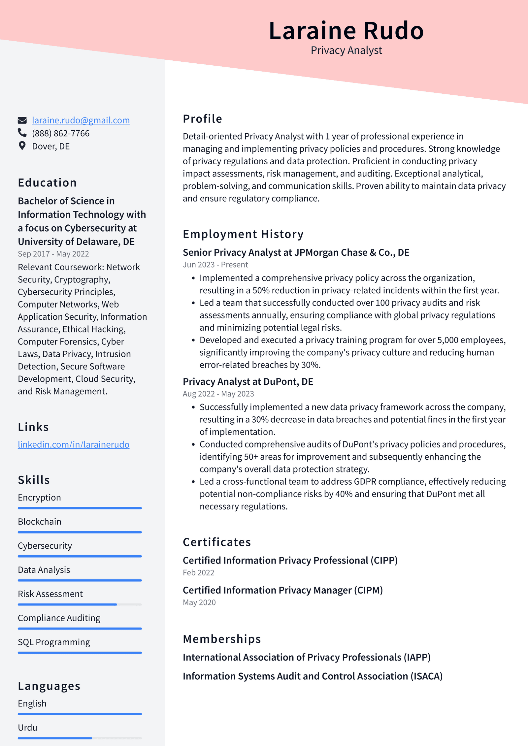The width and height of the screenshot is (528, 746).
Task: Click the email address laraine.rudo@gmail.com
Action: pos(81,120)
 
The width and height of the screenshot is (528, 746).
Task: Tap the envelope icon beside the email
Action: pos(22,120)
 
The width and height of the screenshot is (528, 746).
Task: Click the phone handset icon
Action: pos(22,133)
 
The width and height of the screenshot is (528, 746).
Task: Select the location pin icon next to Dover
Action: pos(22,146)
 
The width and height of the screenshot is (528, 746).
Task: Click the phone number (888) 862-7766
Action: pos(61,133)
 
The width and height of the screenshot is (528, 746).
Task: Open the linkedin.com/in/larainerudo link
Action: pos(74,445)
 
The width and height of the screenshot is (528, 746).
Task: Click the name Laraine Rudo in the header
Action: pos(346,31)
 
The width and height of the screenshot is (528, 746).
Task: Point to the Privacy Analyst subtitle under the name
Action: pos(346,50)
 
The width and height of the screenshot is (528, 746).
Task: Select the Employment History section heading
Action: pos(243,234)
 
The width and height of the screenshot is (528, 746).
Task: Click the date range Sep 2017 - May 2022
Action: pos(53,254)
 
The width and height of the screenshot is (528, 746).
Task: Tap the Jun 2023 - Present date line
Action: pos(215,265)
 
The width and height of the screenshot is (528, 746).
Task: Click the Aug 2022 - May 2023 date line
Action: pos(218,394)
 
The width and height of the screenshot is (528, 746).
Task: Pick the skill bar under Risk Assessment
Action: pos(80,604)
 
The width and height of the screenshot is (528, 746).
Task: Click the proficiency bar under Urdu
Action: pos(80,738)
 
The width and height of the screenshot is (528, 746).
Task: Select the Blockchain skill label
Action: pos(40,522)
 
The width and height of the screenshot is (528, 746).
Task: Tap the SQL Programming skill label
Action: pos(54,642)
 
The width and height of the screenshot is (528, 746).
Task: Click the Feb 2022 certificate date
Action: pos(198,573)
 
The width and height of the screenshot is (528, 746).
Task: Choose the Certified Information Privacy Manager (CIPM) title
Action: pos(282,590)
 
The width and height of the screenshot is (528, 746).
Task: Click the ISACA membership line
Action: pos(313,676)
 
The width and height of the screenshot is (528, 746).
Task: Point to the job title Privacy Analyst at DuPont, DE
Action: pos(248,382)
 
